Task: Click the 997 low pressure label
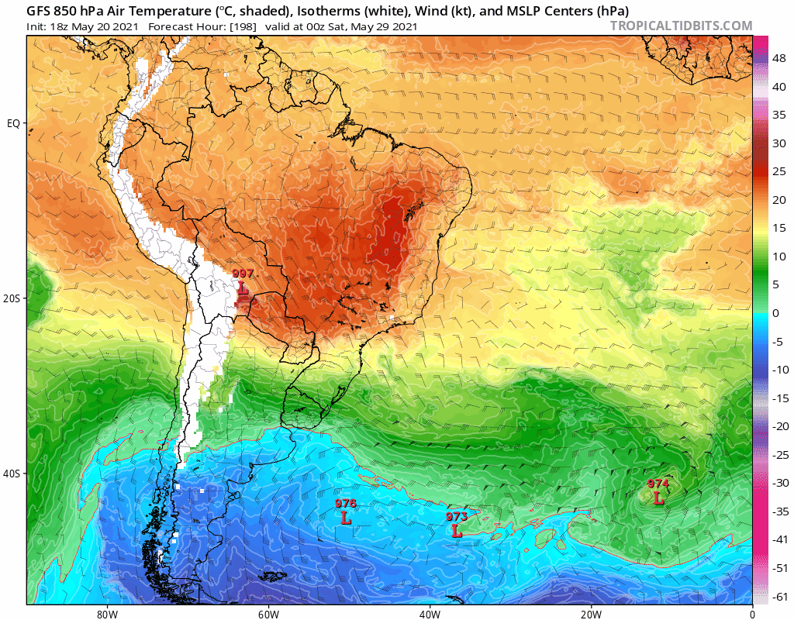pyautogui.click(x=243, y=274)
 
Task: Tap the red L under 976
pyautogui.click(x=346, y=518)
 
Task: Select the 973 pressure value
pyautogui.click(x=457, y=517)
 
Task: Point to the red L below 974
pyautogui.click(x=658, y=498)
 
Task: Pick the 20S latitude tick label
pyautogui.click(x=13, y=298)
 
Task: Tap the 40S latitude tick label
pyautogui.click(x=13, y=474)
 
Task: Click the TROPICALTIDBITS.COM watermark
pyautogui.click(x=681, y=26)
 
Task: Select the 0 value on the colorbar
pyautogui.click(x=775, y=313)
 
